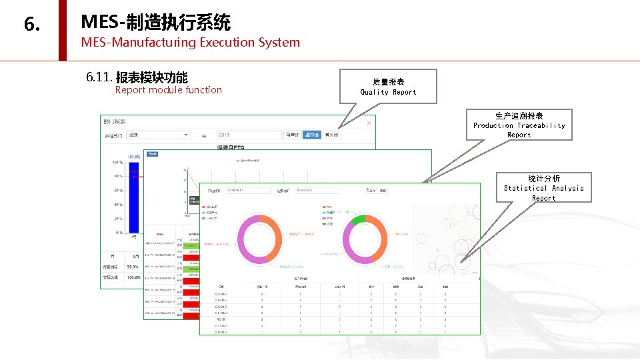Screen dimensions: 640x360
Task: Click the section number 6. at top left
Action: coord(32,25)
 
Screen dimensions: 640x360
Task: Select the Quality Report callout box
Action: coord(388,87)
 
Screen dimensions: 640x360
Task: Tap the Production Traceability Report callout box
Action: coord(519,125)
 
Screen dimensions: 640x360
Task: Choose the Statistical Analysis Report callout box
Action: coord(543,188)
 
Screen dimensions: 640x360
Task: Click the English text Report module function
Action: coord(168,90)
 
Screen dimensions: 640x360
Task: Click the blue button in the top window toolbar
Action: coord(311,135)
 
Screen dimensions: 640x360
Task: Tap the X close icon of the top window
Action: coord(369,123)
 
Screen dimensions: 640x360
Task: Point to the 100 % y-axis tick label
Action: coord(117,163)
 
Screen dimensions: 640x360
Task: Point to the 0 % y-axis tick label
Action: coord(119,233)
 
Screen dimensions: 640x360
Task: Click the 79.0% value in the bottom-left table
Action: coord(133,267)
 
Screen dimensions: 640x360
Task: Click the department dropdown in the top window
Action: coord(159,135)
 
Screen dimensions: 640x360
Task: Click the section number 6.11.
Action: coord(99,77)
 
